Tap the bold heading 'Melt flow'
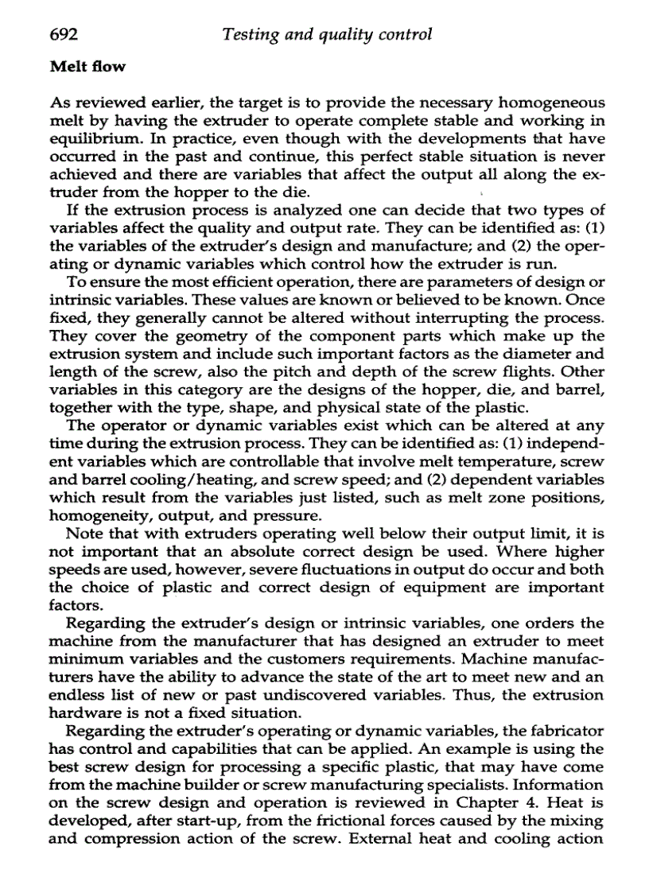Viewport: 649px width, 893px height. (87, 67)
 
